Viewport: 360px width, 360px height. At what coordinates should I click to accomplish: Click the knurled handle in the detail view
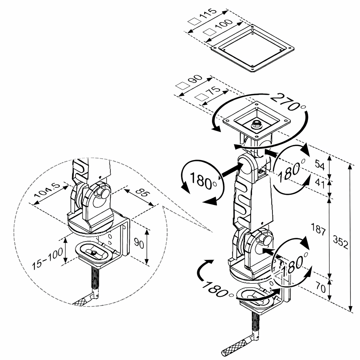tap(83, 301)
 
